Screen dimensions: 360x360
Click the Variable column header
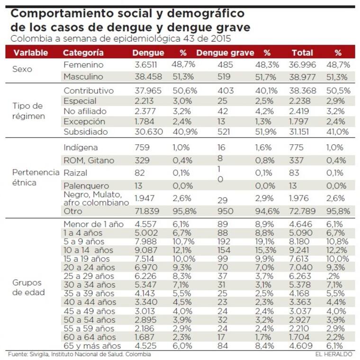click(30, 53)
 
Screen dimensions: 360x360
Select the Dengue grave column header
click(225, 53)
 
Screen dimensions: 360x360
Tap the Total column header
click(302, 53)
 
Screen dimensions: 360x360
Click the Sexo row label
click(22, 69)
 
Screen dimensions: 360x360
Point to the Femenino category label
click(83, 65)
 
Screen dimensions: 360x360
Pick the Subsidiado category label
click(86, 132)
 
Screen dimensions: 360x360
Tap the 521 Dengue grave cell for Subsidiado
click(224, 132)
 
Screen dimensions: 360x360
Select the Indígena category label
click(81, 148)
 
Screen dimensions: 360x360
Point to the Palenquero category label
click(86, 186)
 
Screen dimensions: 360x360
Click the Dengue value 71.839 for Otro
click(147, 211)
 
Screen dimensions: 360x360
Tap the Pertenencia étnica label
click(35, 177)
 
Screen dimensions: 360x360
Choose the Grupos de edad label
click(28, 287)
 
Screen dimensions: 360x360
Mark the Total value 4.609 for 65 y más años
click(301, 346)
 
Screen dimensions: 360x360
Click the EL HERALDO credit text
click(333, 354)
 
